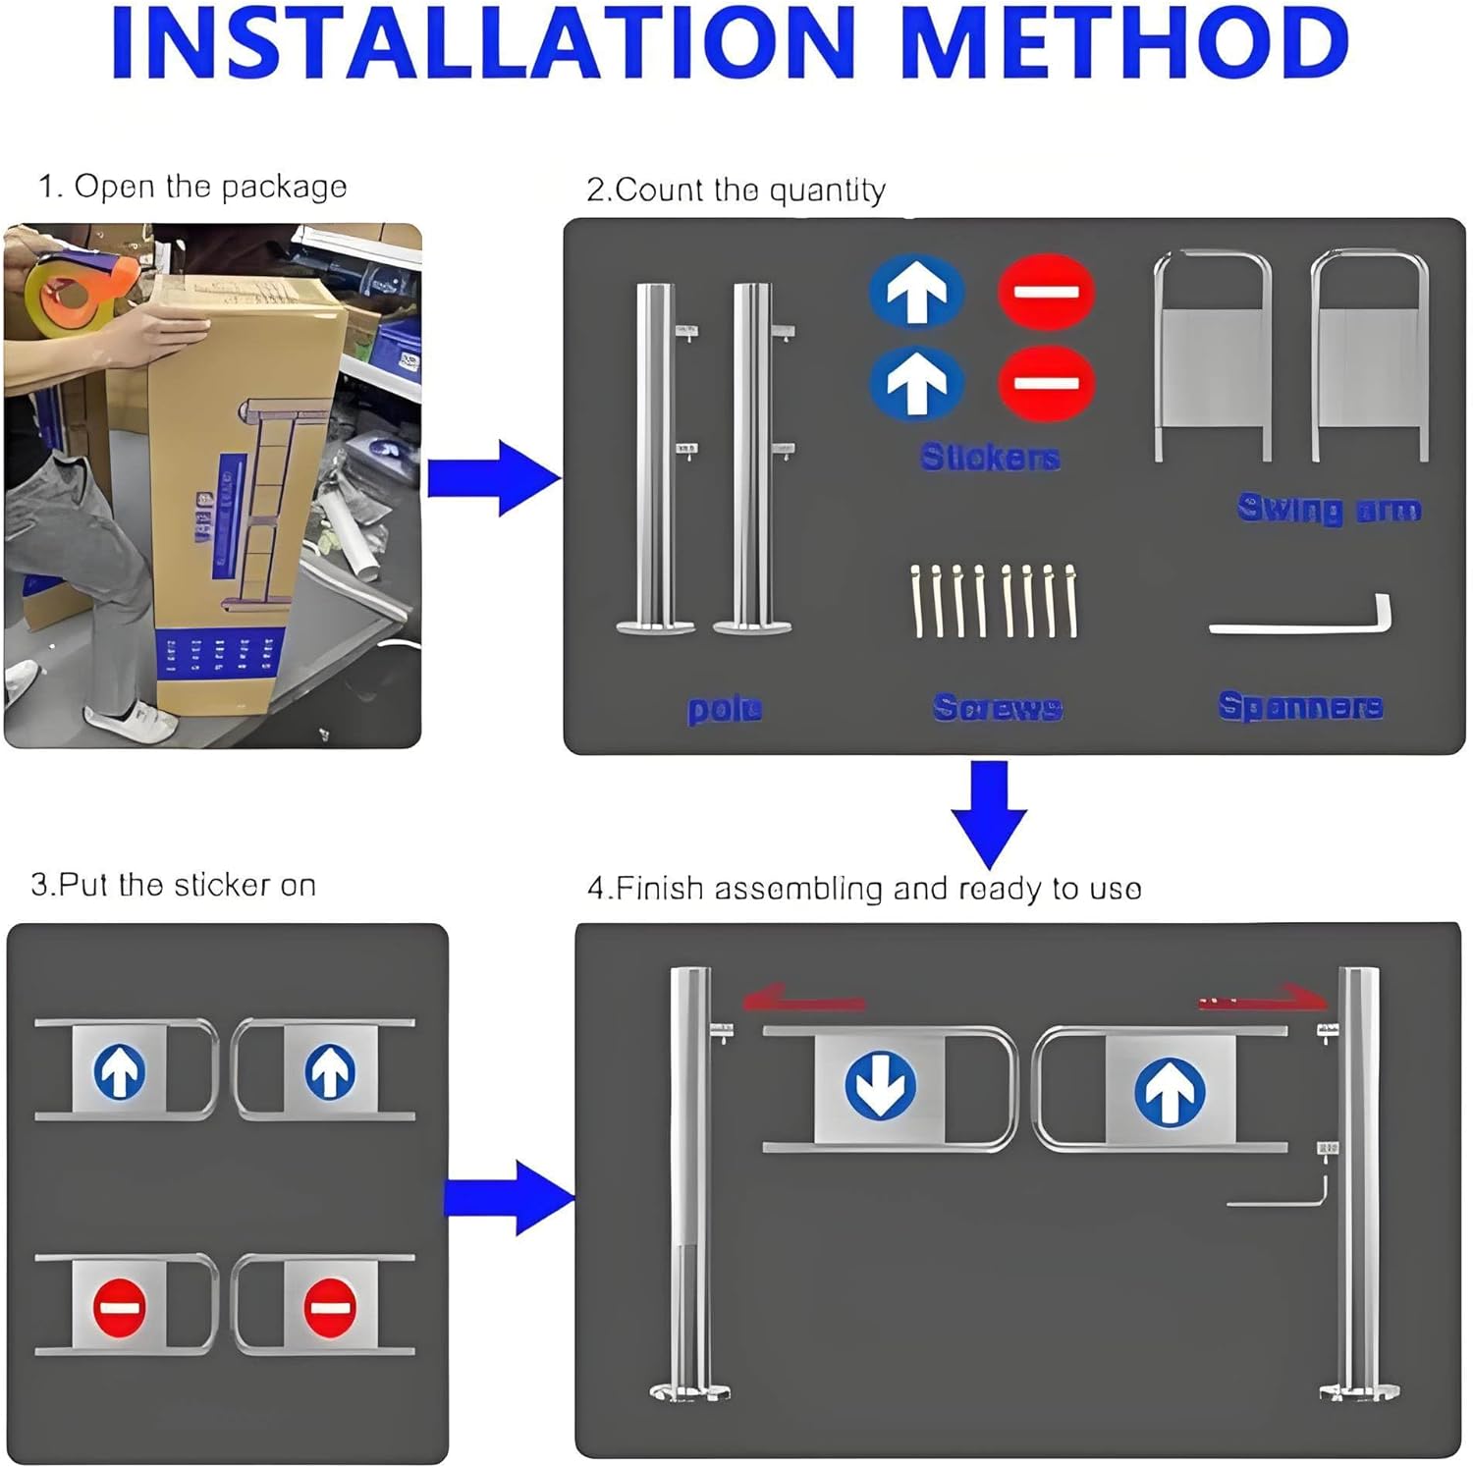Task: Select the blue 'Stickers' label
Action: (990, 457)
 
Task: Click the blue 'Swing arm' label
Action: (1328, 509)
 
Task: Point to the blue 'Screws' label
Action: (997, 707)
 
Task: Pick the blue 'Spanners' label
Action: (1300, 706)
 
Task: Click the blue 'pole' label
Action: (725, 709)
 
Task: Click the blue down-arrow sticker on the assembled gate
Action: (880, 1086)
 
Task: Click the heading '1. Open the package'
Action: (192, 187)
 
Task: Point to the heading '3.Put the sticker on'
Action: (173, 885)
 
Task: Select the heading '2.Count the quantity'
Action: (736, 190)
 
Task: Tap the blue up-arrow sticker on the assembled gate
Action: (1169, 1091)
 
